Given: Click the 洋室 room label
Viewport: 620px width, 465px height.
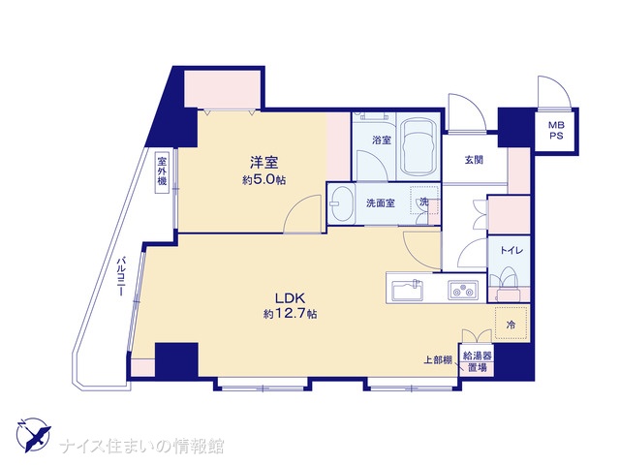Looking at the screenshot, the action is (x=263, y=163).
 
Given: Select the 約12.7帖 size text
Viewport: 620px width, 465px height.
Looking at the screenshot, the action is (x=290, y=314).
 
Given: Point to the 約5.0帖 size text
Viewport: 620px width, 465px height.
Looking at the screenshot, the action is (x=263, y=180).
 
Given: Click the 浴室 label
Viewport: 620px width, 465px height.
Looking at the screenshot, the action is (x=382, y=139).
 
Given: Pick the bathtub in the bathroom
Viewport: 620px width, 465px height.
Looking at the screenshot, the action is (x=418, y=147).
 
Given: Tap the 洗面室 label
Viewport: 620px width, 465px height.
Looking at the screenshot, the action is (x=381, y=203).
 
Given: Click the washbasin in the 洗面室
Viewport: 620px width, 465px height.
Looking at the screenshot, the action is (x=343, y=204).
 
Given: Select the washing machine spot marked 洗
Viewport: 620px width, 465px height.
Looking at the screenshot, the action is (x=424, y=201).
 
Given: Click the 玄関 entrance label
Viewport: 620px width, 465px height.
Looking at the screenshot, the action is (x=474, y=160).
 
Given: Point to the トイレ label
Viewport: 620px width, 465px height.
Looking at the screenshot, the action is (x=511, y=250).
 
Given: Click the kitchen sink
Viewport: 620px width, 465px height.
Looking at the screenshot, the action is (x=407, y=291).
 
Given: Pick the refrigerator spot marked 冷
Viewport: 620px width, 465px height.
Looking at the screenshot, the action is (x=511, y=323).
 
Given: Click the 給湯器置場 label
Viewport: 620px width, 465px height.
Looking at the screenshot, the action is (x=478, y=361).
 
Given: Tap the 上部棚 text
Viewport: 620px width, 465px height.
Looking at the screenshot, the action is (x=438, y=360).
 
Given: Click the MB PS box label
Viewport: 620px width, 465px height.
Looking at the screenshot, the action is (x=556, y=131).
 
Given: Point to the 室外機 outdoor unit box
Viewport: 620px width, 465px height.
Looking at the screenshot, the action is (x=162, y=172).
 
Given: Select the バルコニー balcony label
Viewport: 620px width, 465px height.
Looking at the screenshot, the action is (x=121, y=277).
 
